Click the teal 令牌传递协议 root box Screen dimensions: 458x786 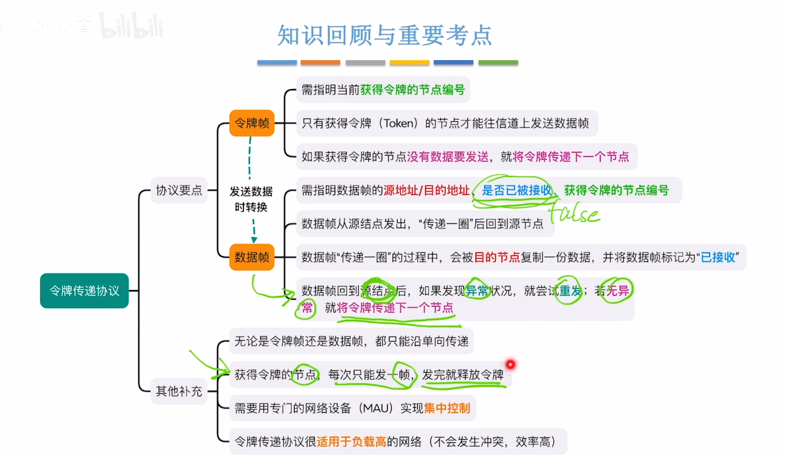coord(84,291)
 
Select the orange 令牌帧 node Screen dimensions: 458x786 coord(252,123)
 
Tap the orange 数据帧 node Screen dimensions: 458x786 coord(252,257)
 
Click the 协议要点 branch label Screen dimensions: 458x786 coord(179,190)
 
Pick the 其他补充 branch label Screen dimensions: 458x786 coord(179,391)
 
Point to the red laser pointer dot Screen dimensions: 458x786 coord(510,364)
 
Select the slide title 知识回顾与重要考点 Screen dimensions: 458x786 coord(384,36)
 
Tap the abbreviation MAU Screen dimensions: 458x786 coord(375,408)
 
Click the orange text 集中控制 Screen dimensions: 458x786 coord(447,408)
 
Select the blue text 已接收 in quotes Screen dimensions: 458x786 coord(718,257)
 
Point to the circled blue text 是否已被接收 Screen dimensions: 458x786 coord(516,190)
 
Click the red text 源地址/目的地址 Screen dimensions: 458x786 coord(426,190)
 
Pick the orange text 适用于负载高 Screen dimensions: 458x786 coord(351,442)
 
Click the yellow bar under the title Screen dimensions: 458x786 coord(409,63)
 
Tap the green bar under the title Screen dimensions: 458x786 coord(498,63)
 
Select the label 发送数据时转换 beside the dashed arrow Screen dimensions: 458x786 coord(251,199)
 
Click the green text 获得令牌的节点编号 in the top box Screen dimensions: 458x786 coord(412,90)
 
